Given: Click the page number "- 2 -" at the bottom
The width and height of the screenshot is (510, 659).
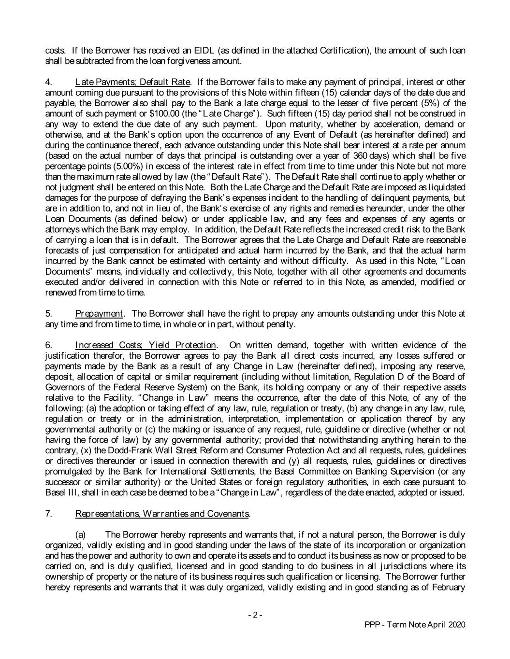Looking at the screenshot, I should (255, 615).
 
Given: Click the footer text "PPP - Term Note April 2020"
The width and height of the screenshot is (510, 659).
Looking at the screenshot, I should (414, 625).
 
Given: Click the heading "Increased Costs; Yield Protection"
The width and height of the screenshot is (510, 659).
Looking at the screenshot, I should (146, 345).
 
